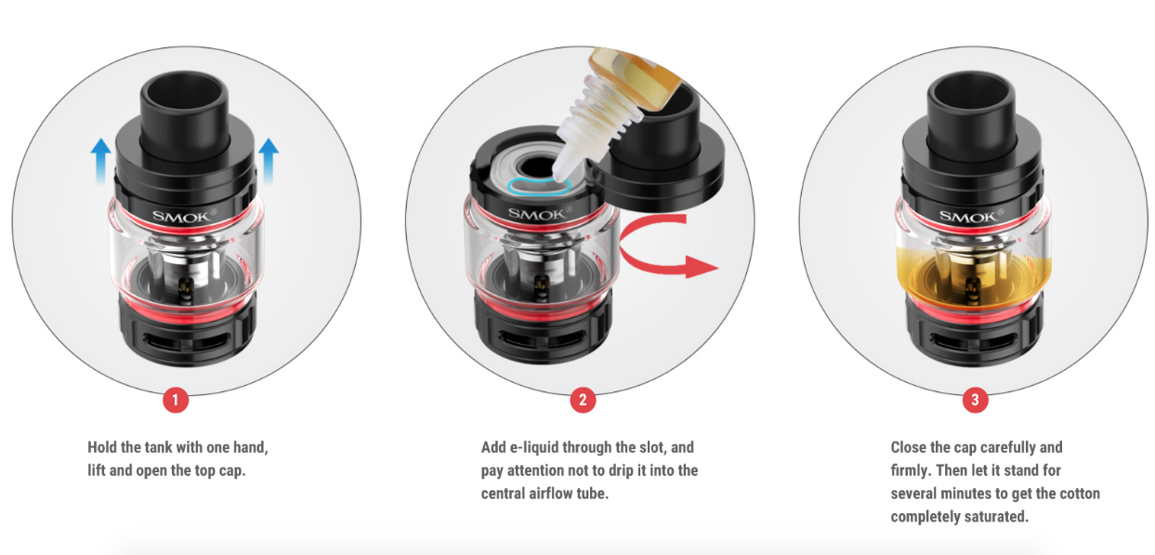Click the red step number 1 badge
point(176,401)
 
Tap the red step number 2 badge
point(583,401)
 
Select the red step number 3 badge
point(975,400)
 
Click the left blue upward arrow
point(100,161)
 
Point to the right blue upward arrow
point(269,161)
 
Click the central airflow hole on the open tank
point(536,167)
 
